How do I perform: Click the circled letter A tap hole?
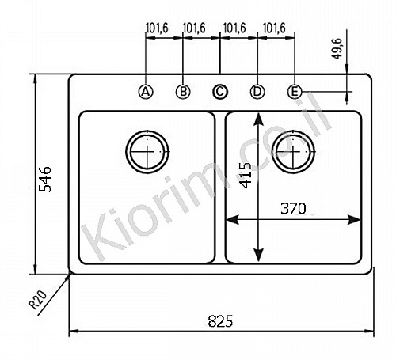point(146,92)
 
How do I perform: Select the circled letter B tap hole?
point(183,92)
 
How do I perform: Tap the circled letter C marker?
point(220,92)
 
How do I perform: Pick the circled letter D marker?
point(257,92)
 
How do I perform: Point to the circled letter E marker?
point(295,92)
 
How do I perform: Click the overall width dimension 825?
point(220,321)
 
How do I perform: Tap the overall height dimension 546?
point(45,180)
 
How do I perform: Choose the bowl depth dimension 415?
point(246,175)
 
